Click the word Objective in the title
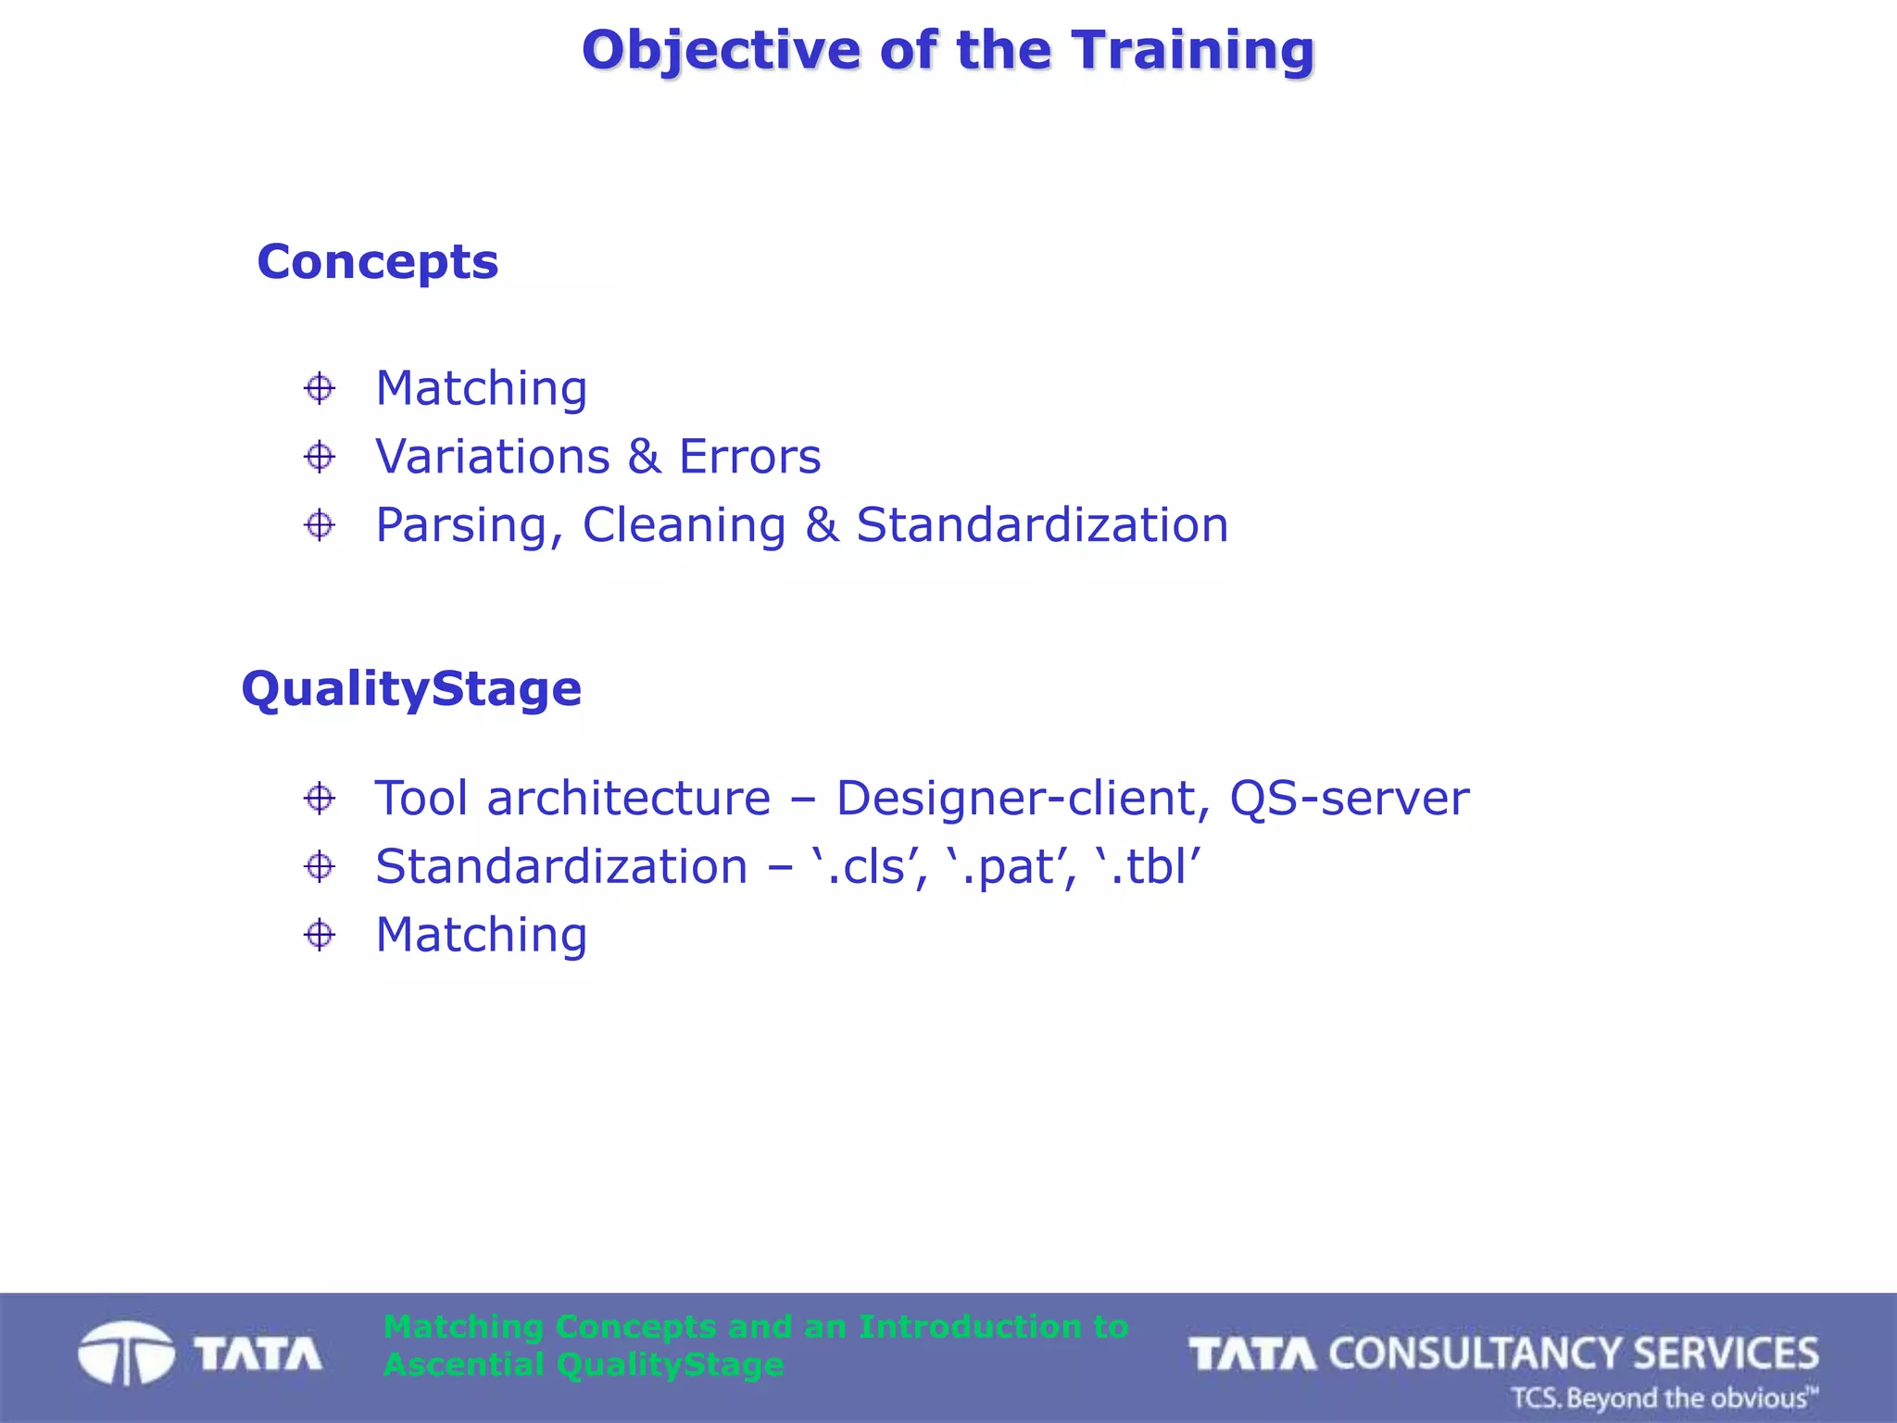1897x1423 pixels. click(x=721, y=50)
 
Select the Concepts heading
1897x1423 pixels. click(x=377, y=262)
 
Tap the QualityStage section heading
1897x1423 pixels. click(x=411, y=689)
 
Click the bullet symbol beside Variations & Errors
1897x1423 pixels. click(x=320, y=457)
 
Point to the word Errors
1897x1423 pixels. click(x=749, y=457)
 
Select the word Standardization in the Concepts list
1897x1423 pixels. click(x=1042, y=525)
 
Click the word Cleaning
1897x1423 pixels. click(x=684, y=525)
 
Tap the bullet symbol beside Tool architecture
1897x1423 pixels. click(x=320, y=799)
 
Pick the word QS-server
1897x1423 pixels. click(x=1349, y=799)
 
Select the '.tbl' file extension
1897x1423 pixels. click(x=1148, y=867)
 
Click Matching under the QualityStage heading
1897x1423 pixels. click(x=481, y=936)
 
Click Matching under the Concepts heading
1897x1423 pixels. click(x=481, y=389)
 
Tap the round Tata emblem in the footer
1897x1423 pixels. click(x=125, y=1354)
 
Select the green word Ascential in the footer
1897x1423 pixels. click(x=463, y=1365)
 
